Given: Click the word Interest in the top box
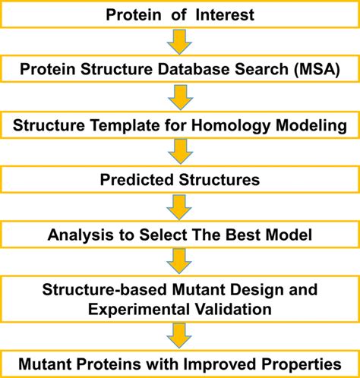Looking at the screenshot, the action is [225, 14].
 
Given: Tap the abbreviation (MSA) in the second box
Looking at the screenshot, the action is [317, 69].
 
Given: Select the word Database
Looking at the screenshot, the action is [194, 69].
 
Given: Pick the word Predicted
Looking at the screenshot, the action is [137, 180].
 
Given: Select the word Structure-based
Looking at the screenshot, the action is [104, 289].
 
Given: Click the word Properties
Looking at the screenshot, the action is [302, 364].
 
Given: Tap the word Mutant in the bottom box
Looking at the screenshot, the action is [46, 364].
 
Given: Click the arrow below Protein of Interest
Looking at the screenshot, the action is [179, 42].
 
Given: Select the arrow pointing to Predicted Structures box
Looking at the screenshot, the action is [181, 152].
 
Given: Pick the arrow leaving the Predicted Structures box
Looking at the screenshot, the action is [179, 207].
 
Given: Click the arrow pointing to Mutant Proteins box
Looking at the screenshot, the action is [179, 335].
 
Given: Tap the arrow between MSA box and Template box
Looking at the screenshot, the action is [181, 97].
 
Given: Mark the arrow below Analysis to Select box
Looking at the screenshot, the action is [179, 261].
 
